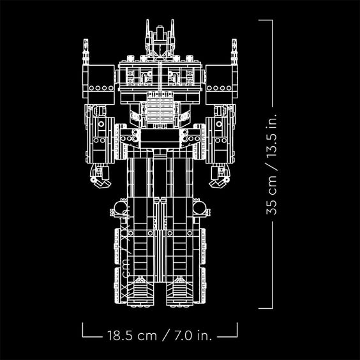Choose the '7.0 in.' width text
coord(191,334)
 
